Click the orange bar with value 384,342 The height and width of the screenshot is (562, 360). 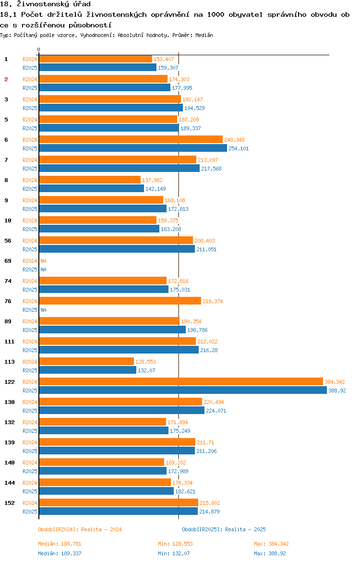point(181,381)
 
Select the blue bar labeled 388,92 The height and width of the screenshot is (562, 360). point(183,390)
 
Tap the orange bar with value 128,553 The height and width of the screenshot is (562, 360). point(86,361)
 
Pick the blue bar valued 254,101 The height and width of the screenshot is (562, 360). point(133,148)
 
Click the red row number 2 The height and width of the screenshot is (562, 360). point(6,79)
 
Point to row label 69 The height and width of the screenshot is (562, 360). point(8,261)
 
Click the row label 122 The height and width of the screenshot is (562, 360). point(9,382)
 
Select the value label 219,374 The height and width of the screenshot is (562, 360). point(213,301)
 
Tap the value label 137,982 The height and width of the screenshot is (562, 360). point(152,180)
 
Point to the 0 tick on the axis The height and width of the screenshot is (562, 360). point(39,49)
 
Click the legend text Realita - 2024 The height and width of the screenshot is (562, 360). point(101,529)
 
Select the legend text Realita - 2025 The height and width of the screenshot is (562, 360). point(245,529)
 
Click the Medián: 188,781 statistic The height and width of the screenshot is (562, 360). point(60,544)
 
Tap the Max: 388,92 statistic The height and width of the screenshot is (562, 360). point(271,553)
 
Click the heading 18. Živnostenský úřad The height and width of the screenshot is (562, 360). point(45,4)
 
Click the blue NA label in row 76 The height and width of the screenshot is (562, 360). point(43,310)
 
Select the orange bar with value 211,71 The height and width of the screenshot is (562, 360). point(117,442)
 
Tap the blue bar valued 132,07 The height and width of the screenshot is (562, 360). point(87,370)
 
